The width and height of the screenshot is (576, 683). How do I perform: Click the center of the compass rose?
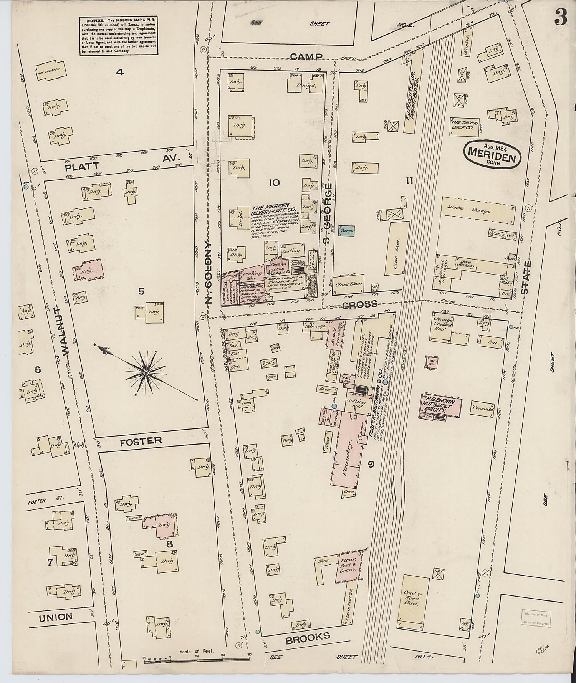click(x=146, y=372)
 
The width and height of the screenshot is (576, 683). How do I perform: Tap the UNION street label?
click(x=56, y=617)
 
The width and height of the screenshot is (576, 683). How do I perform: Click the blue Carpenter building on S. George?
click(x=346, y=231)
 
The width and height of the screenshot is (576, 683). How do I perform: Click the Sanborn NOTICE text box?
click(x=119, y=36)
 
